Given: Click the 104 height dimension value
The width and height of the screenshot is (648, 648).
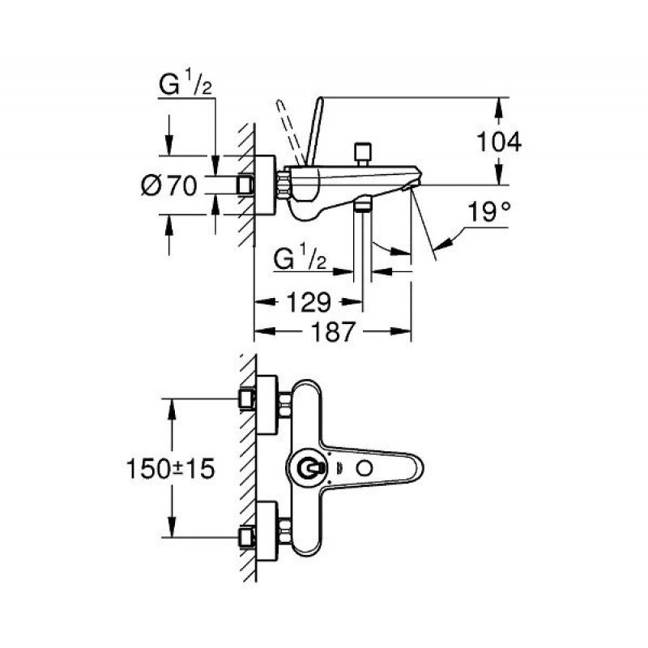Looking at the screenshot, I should coord(497,142).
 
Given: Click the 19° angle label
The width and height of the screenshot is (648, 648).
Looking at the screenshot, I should coord(490,212).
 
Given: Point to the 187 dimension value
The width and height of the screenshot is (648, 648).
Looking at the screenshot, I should coord(333,331).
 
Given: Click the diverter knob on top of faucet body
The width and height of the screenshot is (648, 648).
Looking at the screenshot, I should coord(361,151).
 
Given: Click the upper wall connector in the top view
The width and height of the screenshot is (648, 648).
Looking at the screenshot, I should coord(246,398).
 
